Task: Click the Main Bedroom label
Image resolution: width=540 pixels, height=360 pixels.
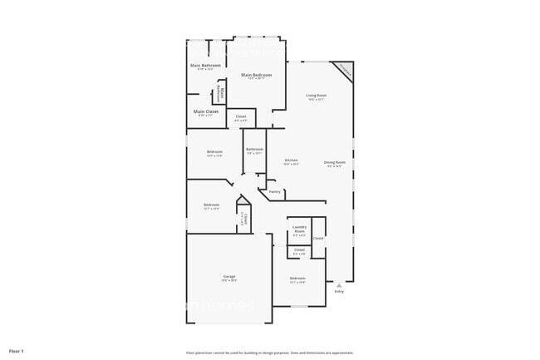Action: [258, 75]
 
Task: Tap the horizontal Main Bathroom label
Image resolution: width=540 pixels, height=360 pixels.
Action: [205, 65]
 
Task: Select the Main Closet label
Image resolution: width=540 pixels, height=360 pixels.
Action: [205, 111]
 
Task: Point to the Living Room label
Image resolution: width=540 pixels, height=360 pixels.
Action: [316, 96]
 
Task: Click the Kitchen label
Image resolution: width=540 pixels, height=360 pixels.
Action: [292, 160]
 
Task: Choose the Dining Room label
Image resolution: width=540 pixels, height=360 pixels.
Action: [335, 162]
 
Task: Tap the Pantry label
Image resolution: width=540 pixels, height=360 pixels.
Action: [274, 191]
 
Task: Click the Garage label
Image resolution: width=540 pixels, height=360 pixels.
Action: [228, 276]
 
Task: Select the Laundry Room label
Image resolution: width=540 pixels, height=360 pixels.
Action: [299, 228]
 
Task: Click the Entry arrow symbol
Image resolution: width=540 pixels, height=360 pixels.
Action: [339, 285]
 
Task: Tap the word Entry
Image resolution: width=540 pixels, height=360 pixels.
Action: [339, 292]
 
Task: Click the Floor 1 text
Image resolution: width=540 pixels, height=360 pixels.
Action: [17, 351]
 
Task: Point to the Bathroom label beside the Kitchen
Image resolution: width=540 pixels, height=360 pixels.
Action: [254, 150]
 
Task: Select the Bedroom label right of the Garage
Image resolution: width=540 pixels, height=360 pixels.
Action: [297, 279]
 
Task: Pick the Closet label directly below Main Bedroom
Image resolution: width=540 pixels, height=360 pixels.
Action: [241, 116]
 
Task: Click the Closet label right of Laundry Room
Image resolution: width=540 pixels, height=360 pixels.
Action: [318, 238]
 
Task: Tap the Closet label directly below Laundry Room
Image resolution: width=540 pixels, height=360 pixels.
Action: [299, 249]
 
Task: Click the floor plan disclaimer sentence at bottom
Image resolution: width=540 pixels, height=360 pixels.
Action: [270, 353]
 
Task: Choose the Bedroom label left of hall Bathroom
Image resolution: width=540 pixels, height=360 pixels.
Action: [214, 152]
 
